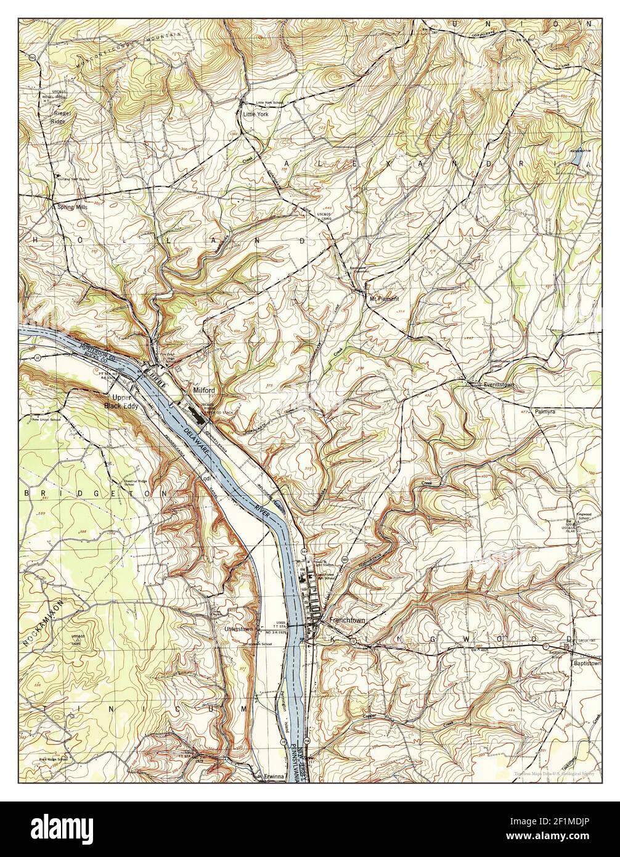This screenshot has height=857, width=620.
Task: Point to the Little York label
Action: click(x=256, y=114)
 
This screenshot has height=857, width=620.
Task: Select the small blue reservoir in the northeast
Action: click(x=576, y=158)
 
